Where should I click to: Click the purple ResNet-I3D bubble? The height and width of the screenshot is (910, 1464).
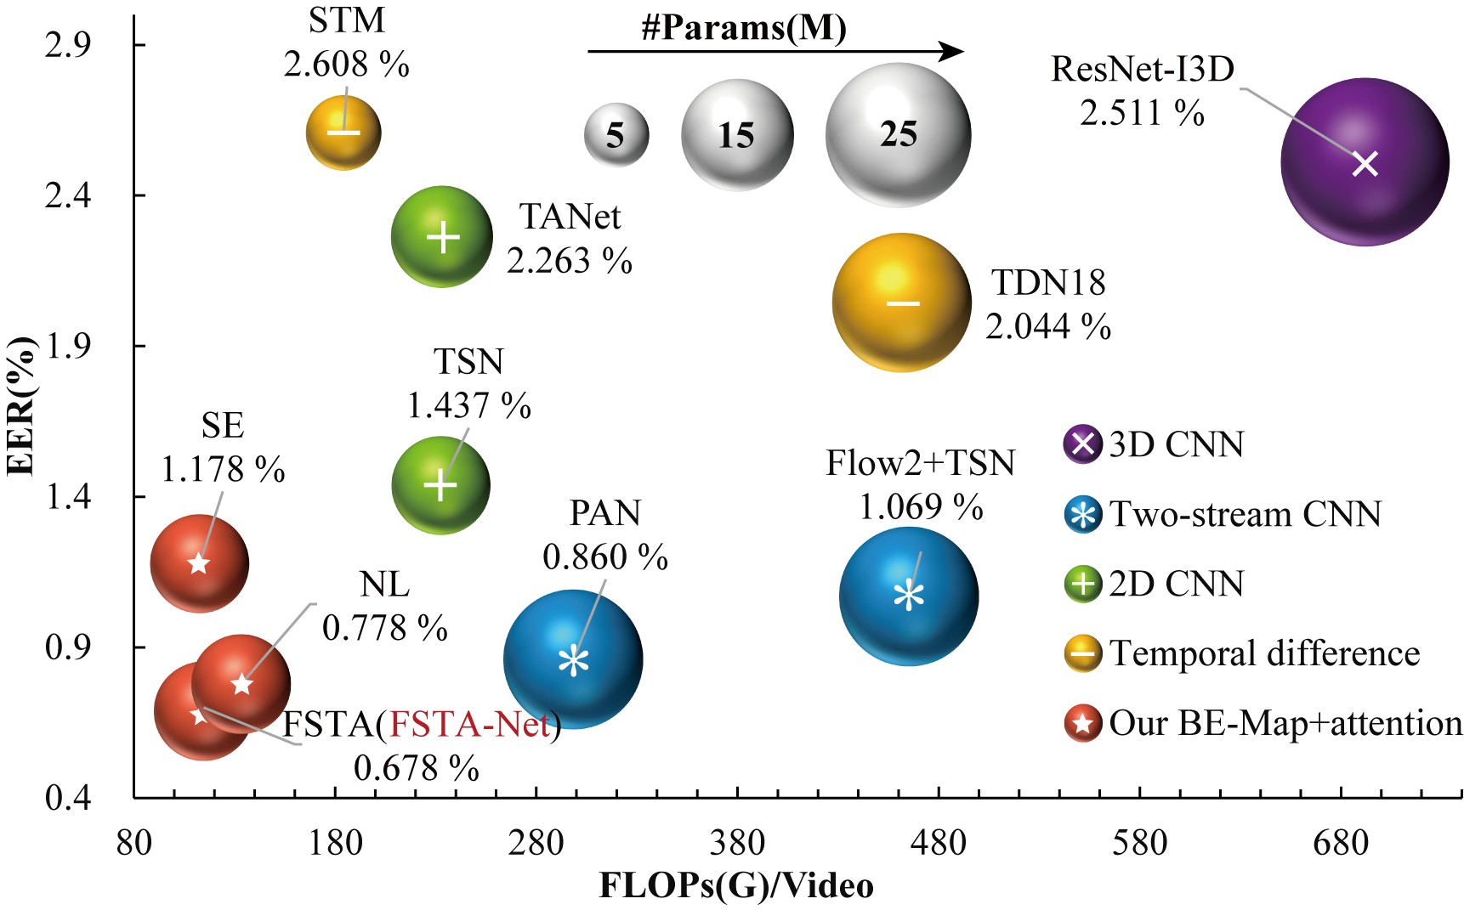1365,162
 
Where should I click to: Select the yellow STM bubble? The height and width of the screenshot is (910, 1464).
343,133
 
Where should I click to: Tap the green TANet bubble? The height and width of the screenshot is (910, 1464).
442,237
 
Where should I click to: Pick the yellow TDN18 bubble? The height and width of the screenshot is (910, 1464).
901,302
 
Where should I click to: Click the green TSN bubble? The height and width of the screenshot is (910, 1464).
440,485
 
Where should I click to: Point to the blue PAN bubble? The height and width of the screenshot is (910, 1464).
573,660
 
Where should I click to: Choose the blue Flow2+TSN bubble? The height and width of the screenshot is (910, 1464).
909,596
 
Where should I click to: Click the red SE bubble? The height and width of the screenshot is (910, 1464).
199,563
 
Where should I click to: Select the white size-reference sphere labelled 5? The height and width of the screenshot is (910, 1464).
616,135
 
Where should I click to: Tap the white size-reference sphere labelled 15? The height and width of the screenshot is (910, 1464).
736,135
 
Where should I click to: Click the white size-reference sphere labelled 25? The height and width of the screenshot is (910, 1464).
898,134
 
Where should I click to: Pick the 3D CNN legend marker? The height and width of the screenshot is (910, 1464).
1082,444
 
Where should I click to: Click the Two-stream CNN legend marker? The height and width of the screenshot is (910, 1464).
1082,515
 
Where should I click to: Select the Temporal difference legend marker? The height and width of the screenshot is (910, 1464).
1082,653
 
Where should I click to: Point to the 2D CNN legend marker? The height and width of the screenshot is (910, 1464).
1082,585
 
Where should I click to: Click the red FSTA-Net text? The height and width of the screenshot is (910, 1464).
470,724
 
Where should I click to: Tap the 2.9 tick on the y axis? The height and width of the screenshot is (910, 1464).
68,44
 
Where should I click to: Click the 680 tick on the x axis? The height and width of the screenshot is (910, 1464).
1341,843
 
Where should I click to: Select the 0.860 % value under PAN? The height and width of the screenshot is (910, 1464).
605,557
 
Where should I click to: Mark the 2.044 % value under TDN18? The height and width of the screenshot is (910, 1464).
1048,326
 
